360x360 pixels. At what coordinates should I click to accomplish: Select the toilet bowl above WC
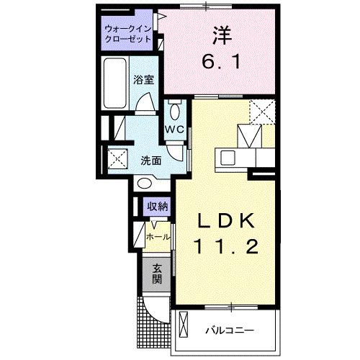[x=176, y=111]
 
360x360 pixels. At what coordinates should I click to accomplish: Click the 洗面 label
[x=150, y=160]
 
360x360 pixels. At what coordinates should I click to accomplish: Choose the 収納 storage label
[x=158, y=207]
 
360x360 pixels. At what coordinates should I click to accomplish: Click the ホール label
[x=158, y=236]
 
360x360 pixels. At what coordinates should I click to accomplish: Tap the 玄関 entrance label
[x=157, y=274]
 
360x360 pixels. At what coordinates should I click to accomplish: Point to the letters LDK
[x=224, y=220]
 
